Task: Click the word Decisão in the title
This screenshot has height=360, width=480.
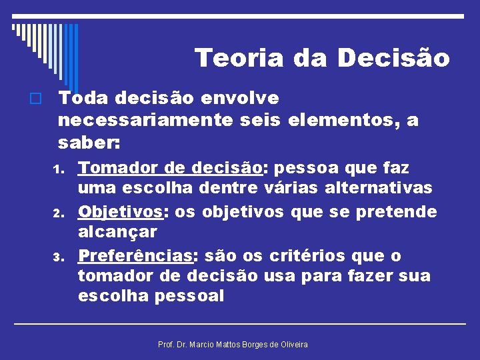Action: (x=394, y=58)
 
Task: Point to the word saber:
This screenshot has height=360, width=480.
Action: (x=89, y=143)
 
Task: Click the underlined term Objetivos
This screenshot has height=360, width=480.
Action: (x=121, y=212)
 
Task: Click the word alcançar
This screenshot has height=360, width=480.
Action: (x=117, y=232)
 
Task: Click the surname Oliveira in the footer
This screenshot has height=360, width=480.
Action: (x=291, y=344)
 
